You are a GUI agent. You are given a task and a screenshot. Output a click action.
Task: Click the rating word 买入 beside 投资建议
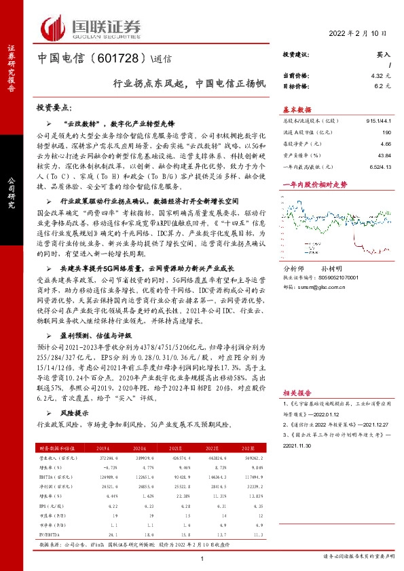click(x=384, y=54)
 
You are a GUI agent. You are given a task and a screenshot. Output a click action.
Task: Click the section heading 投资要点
click(x=54, y=108)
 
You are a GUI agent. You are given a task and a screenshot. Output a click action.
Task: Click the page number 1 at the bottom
click(x=202, y=558)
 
